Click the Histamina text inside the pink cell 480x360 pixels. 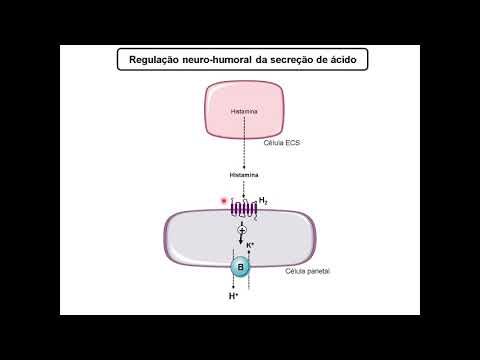(243, 110)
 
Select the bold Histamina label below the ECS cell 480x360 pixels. (243, 175)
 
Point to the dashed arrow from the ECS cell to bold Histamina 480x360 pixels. (243, 155)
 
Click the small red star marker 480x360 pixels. (224, 201)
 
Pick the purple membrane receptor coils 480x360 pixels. (243, 209)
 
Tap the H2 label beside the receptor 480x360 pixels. (263, 201)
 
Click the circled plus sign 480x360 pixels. (242, 231)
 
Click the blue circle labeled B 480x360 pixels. (241, 267)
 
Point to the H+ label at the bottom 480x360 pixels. (233, 297)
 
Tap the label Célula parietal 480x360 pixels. (308, 271)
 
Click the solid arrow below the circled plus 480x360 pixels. (242, 245)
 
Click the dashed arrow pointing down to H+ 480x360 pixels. (233, 282)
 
